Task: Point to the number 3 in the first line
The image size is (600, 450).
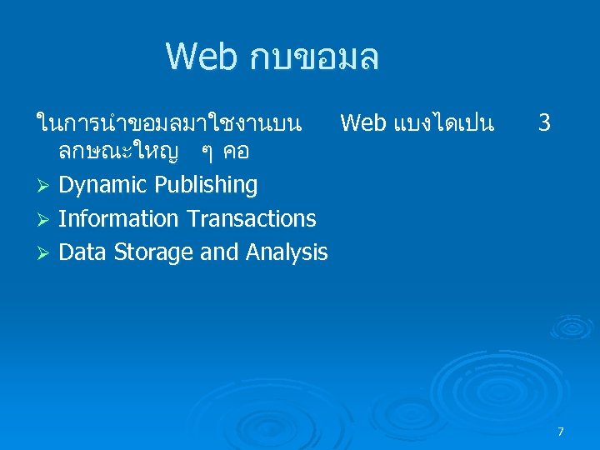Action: (544, 124)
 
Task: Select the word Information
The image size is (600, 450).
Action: (119, 219)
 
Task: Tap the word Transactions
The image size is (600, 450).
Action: (251, 219)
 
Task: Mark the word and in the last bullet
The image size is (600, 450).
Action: (218, 252)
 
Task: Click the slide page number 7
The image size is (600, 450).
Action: (560, 432)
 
